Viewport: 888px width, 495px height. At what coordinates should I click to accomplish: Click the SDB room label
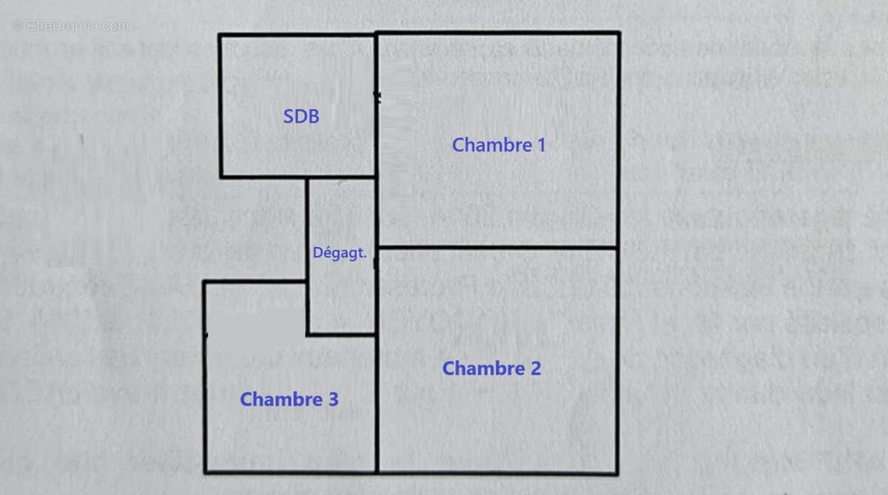(301, 116)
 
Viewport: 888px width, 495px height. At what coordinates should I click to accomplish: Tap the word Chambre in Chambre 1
(492, 145)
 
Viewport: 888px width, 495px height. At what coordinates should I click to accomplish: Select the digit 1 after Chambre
(542, 145)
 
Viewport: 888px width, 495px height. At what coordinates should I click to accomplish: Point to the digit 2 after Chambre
(536, 368)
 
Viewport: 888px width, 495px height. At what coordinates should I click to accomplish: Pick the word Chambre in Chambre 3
(281, 399)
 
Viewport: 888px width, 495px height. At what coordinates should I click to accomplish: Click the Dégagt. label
(340, 253)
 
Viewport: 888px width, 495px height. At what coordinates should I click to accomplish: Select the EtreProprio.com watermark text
(70, 26)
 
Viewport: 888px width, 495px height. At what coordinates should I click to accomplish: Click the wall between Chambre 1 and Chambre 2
(497, 248)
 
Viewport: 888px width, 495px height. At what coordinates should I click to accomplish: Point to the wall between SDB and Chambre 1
(376, 105)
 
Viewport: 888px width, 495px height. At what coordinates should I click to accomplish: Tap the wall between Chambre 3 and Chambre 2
(377, 403)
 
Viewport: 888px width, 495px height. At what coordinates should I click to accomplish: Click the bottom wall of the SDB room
(297, 177)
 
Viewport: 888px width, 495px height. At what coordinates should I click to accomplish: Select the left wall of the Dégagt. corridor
(307, 256)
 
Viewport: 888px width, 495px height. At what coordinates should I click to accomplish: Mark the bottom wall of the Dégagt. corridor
(341, 335)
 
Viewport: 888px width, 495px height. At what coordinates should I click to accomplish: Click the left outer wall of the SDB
(221, 106)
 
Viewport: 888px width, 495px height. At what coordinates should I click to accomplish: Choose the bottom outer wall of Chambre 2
(497, 472)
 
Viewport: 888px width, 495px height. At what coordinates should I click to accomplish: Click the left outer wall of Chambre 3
(205, 377)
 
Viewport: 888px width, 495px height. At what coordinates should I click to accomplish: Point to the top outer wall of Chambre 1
(497, 33)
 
